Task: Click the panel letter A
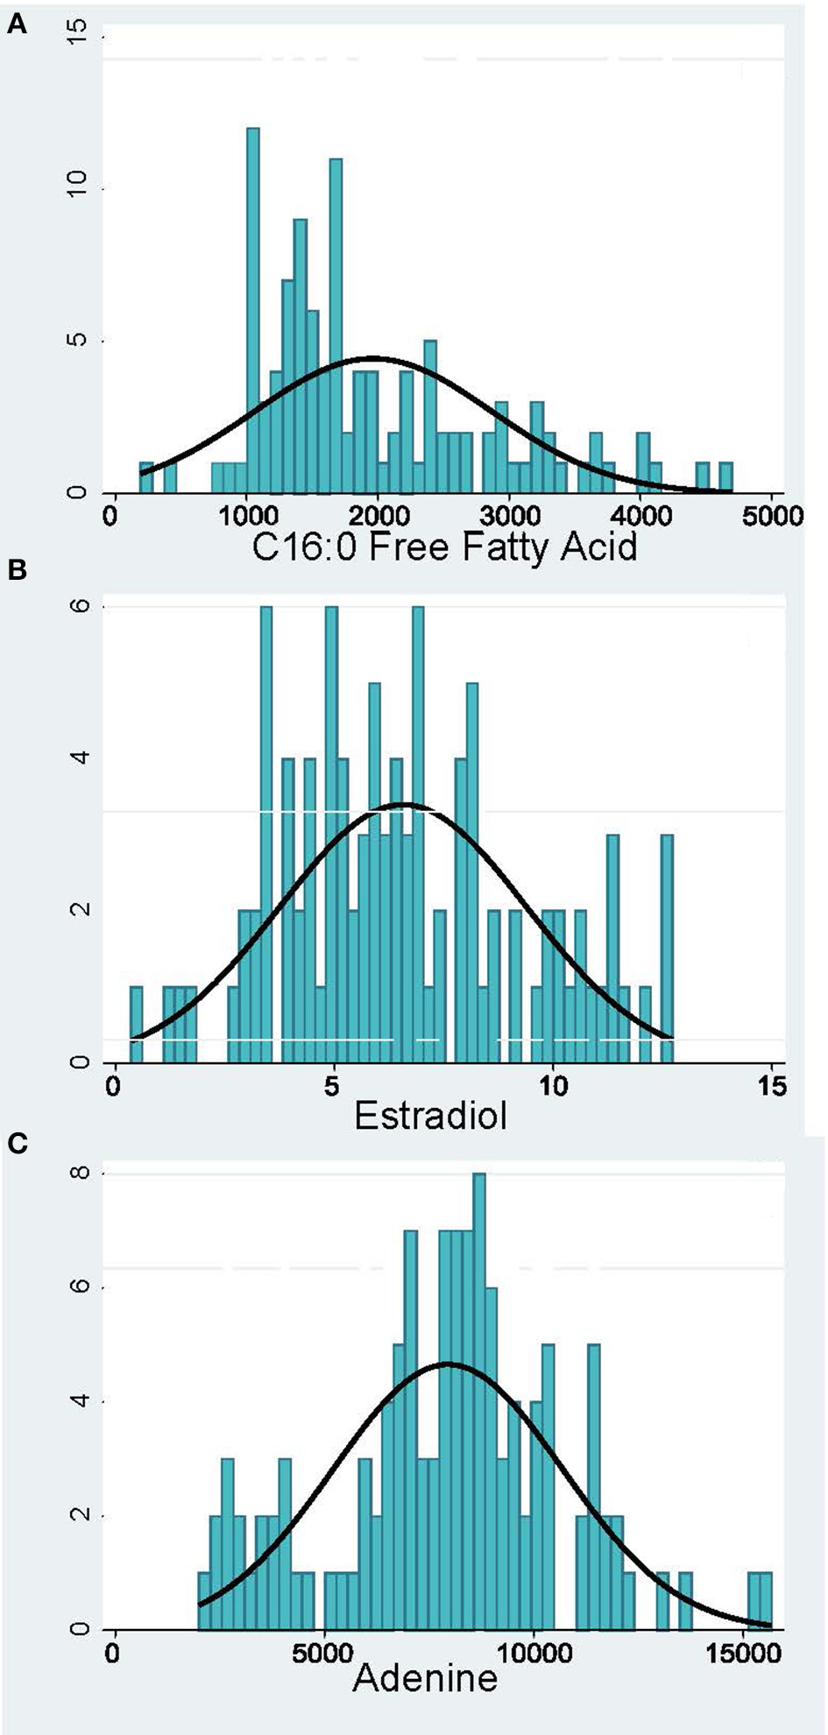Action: (x=17, y=26)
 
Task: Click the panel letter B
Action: (x=17, y=570)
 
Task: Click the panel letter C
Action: (x=17, y=1143)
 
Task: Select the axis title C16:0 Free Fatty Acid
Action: (x=444, y=547)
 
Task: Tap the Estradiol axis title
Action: (x=430, y=1116)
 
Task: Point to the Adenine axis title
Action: (x=425, y=1677)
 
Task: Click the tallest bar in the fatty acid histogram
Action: (x=253, y=310)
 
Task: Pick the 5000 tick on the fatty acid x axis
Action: (x=771, y=516)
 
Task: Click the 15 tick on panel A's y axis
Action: (x=80, y=39)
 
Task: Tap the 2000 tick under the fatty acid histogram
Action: (x=377, y=516)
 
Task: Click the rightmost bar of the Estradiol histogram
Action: (x=667, y=949)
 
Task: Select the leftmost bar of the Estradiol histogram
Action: (x=136, y=1024)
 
